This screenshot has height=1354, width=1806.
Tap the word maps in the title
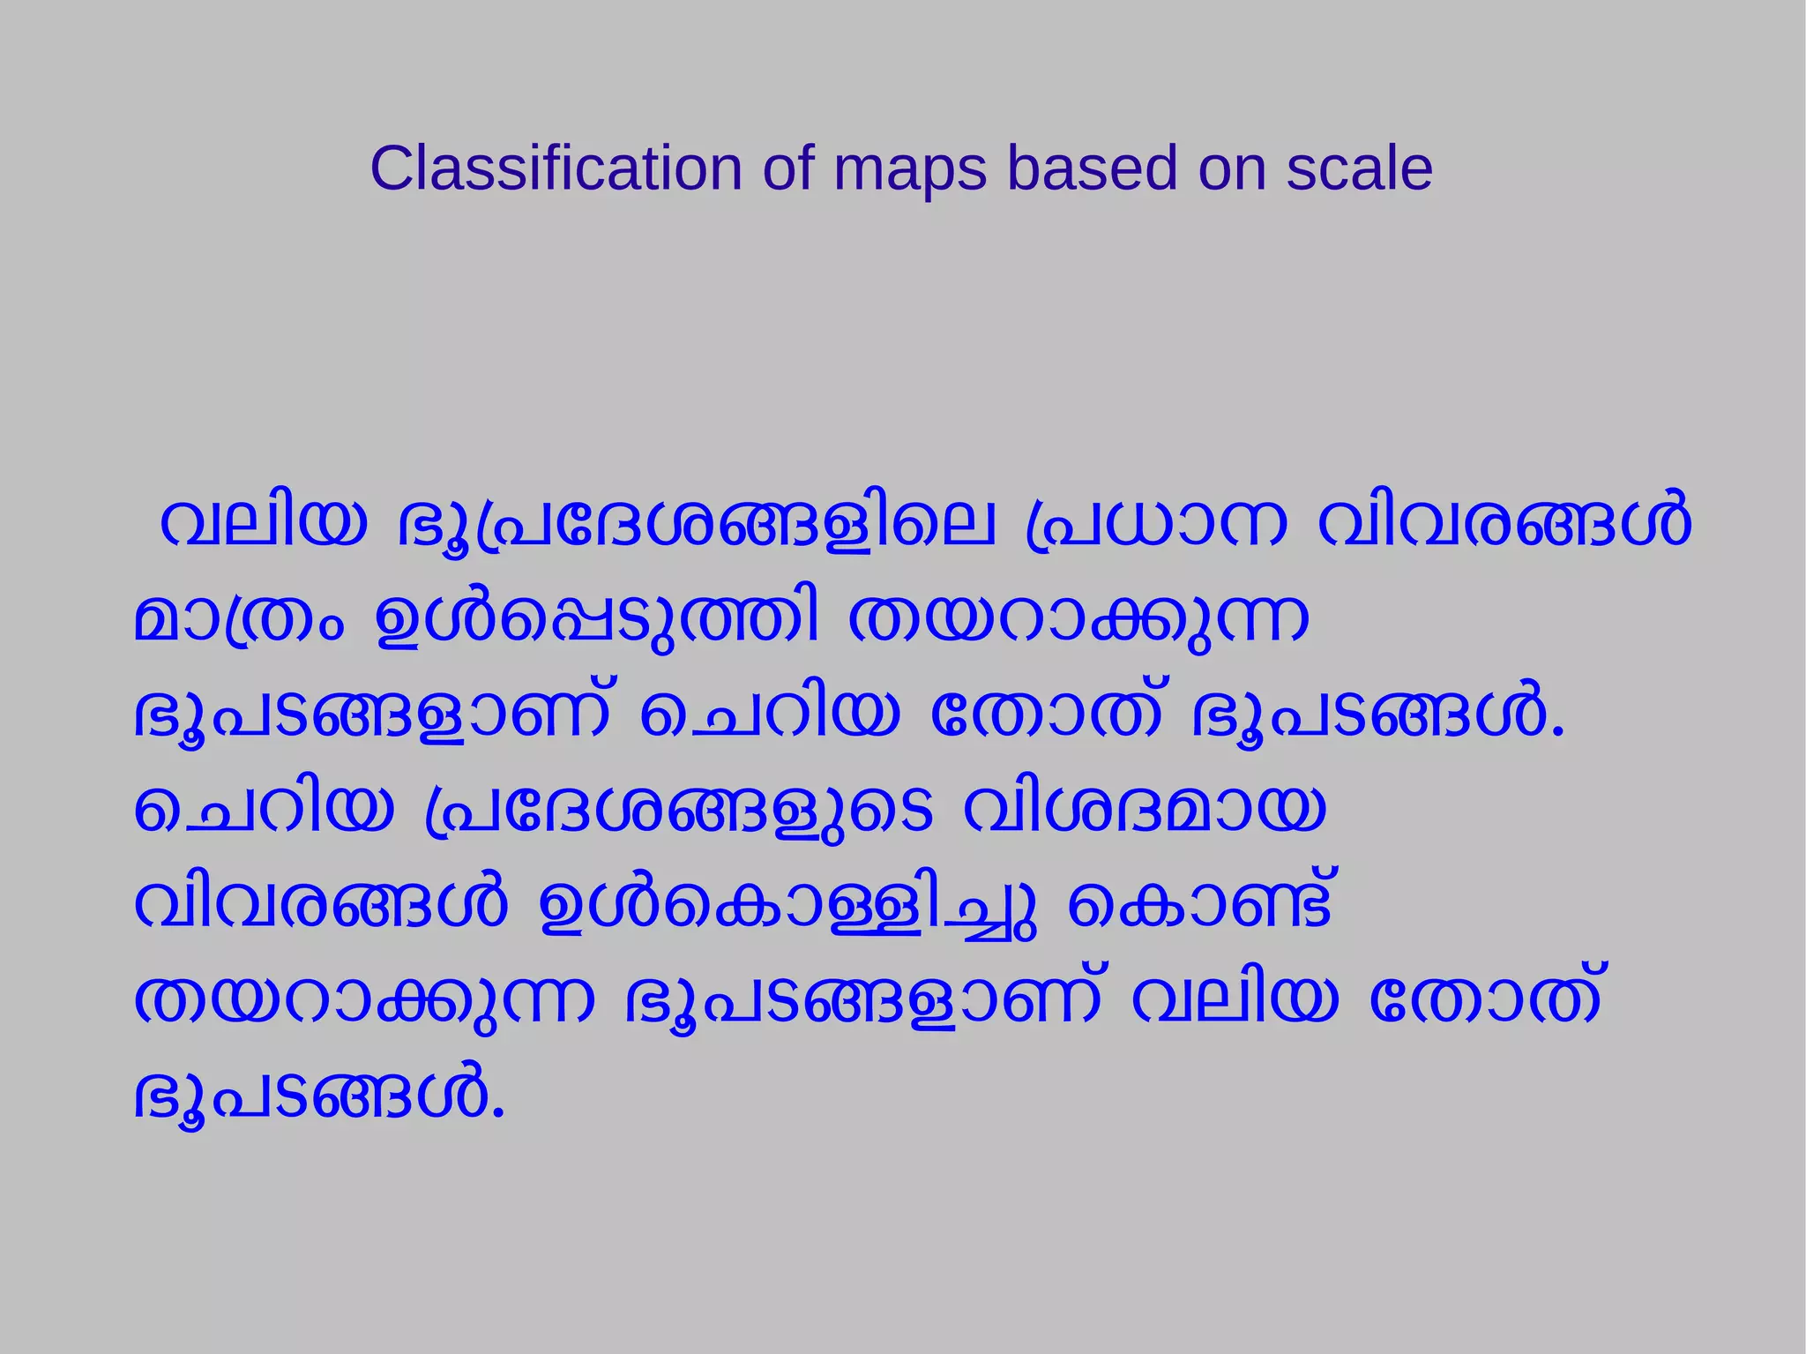(x=909, y=168)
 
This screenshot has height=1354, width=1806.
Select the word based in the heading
(x=1092, y=168)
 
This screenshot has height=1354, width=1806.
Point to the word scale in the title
(x=1359, y=168)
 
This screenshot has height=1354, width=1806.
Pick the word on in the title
(x=1232, y=168)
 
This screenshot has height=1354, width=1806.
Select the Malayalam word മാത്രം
(x=239, y=620)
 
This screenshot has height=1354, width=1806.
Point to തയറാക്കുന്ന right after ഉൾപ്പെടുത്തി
(x=1078, y=620)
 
